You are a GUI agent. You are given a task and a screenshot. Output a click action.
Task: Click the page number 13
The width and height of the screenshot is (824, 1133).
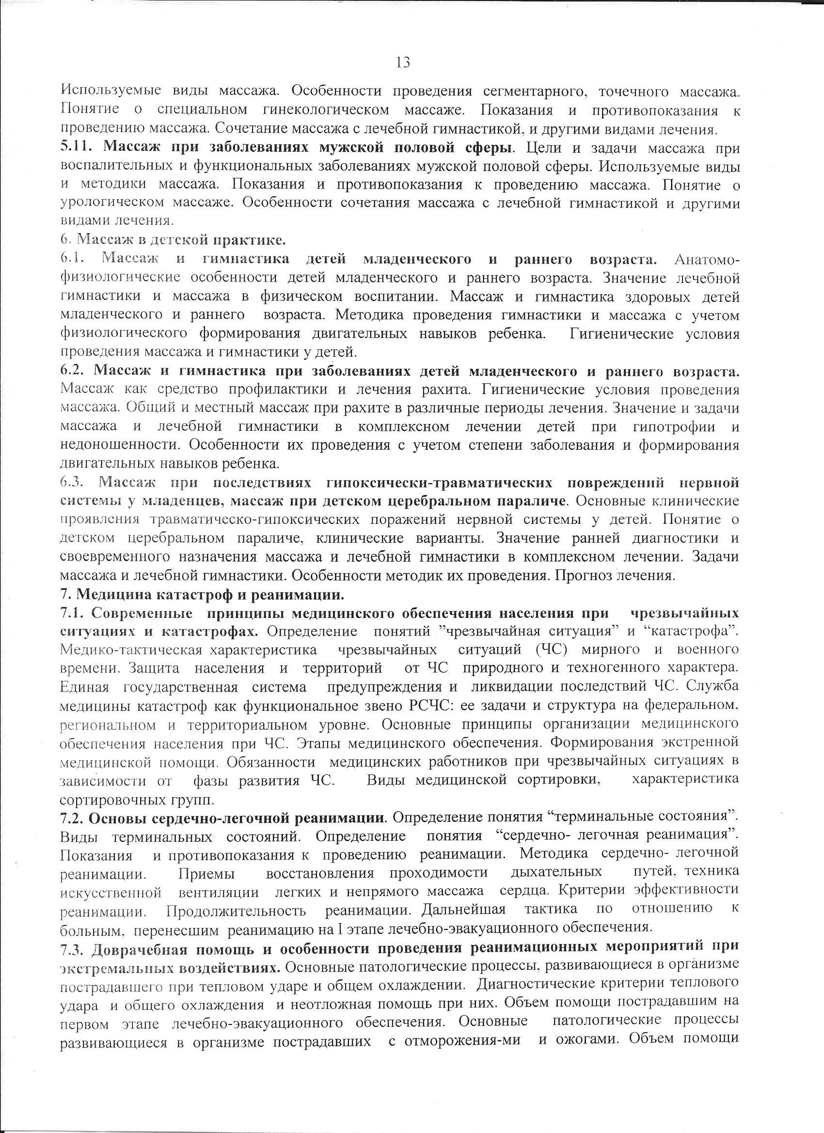(403, 63)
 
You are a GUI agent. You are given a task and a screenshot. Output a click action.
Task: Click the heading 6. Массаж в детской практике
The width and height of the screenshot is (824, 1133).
(173, 240)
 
